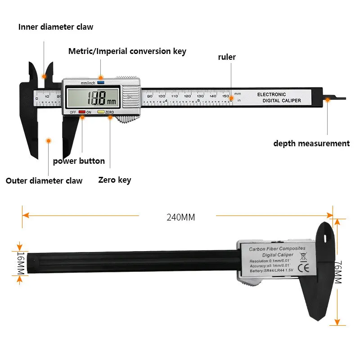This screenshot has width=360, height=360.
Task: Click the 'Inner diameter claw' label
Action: coord(56,27)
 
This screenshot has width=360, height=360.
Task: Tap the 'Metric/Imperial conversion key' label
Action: coord(127,51)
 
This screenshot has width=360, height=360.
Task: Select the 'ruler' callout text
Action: coord(227,57)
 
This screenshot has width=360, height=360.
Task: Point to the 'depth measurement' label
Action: coord(311,144)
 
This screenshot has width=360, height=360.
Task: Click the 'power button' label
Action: coord(79,161)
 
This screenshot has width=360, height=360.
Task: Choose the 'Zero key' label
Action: coord(115,180)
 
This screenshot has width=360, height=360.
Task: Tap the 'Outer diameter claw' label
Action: coord(44,181)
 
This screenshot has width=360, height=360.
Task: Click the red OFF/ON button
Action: coord(81,112)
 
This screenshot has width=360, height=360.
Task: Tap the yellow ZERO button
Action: coord(101,112)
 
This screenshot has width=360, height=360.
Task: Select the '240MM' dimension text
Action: coord(181,217)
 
